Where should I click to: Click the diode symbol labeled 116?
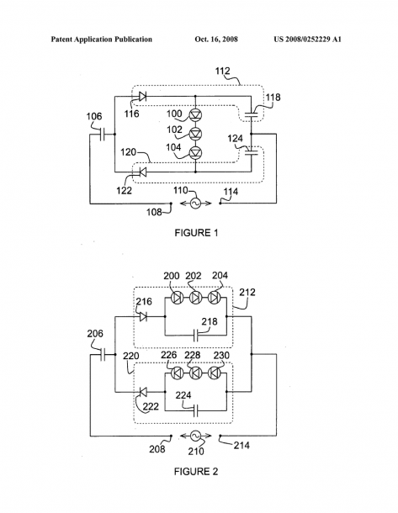[142, 96]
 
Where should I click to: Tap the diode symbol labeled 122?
[143, 172]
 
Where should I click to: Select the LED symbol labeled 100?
[196, 114]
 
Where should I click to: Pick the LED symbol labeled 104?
[196, 153]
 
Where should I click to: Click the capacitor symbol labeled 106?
[102, 134]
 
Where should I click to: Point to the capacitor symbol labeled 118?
[251, 114]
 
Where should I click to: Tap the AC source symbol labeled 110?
[195, 204]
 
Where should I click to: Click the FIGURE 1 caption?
[196, 233]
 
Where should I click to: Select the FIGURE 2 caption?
[196, 472]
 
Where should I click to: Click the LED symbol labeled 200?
[177, 298]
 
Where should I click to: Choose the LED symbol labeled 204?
[215, 298]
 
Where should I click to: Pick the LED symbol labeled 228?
[196, 373]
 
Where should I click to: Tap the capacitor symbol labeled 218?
[196, 336]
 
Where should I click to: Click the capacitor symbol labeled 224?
[196, 410]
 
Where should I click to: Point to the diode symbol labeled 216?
[143, 316]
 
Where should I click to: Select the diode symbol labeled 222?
[143, 391]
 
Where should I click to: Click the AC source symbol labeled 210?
[195, 436]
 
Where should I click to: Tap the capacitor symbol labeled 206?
[103, 354]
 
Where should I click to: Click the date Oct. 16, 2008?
[216, 40]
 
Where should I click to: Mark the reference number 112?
[223, 71]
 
